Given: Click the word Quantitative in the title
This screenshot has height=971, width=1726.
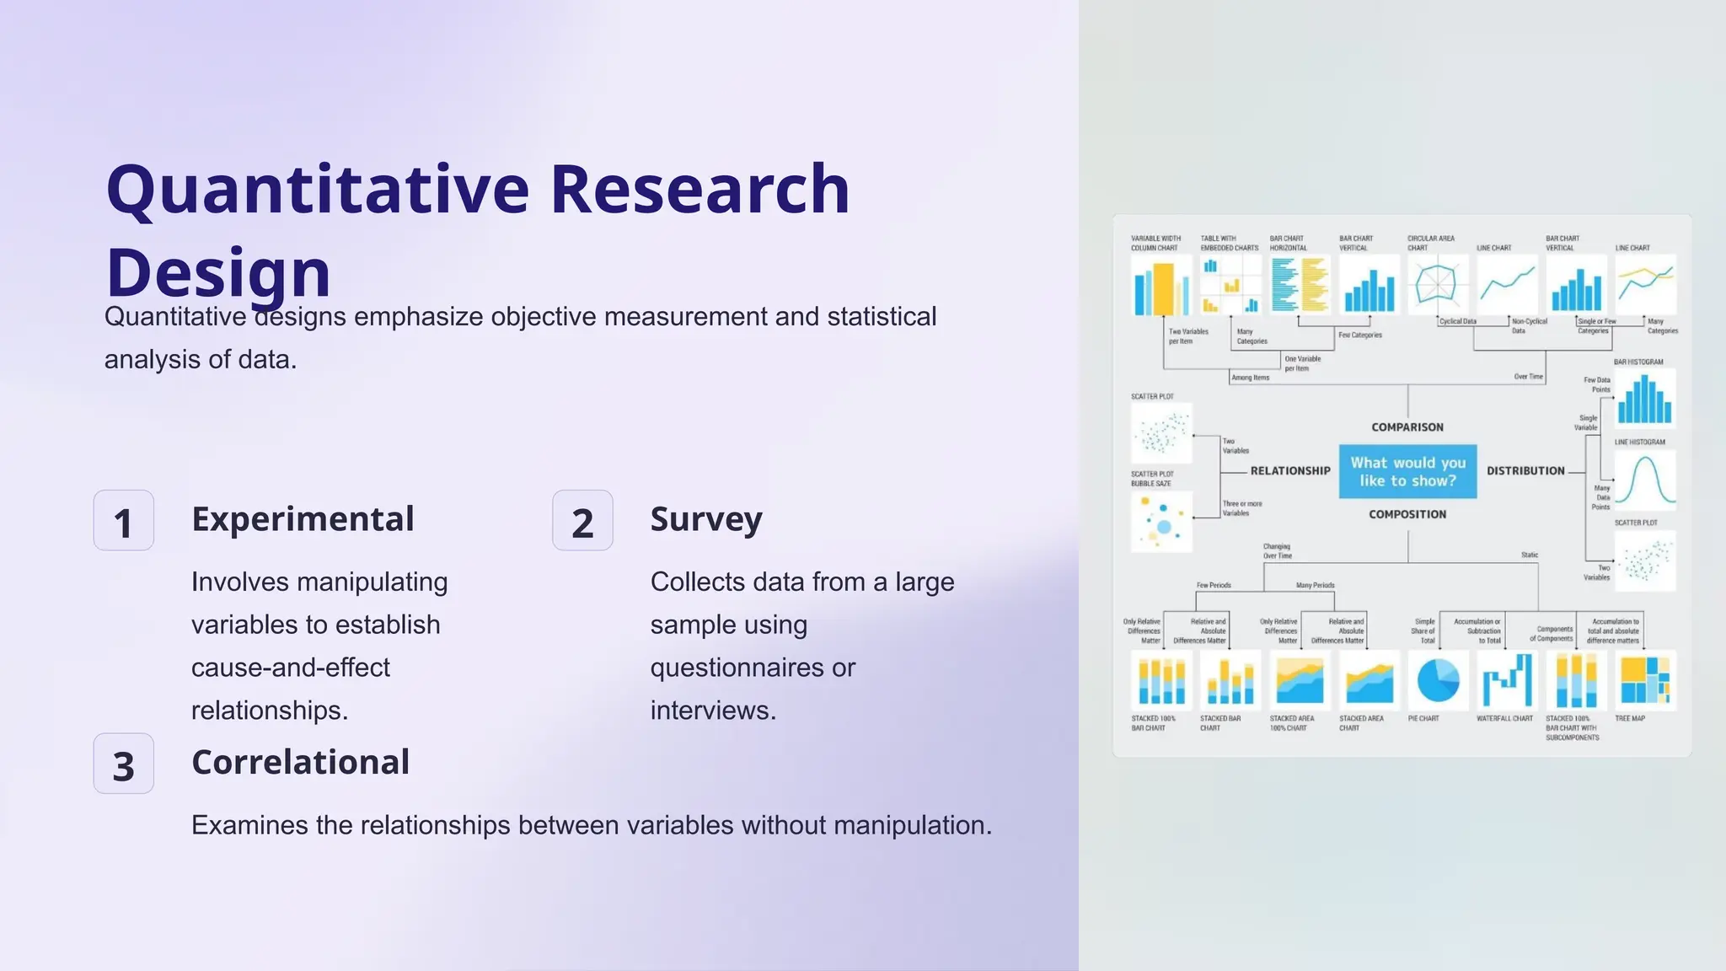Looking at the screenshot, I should (318, 190).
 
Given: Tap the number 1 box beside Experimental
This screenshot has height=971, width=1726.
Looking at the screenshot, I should (124, 521).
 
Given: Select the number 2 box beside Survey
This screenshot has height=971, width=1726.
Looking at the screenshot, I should (582, 521).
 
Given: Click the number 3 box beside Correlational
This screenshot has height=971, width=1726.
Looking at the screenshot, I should (124, 764).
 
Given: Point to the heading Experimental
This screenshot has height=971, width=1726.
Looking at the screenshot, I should (303, 519).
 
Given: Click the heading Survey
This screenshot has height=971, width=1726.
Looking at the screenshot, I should (706, 519).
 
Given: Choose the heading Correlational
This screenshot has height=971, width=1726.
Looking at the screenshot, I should (301, 762).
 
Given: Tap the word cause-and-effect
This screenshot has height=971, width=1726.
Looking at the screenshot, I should (290, 668).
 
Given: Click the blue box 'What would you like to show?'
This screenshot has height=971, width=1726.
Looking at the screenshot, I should (1407, 472).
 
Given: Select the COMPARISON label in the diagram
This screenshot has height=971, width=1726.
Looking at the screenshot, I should (1407, 427).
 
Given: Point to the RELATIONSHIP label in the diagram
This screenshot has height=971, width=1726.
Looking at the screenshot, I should (1289, 471).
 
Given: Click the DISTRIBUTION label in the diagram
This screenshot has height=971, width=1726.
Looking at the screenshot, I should (1525, 471).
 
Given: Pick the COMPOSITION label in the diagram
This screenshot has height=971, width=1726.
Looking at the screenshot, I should (1407, 514).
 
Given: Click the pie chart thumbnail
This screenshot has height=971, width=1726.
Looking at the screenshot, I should (1438, 680).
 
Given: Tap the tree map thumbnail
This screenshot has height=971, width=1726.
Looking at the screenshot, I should (1645, 680).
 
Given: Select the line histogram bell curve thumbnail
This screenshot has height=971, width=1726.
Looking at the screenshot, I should (1644, 480).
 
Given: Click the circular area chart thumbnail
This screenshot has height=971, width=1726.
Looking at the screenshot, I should (1437, 284).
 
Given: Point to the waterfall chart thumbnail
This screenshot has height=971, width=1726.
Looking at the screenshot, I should (1507, 680).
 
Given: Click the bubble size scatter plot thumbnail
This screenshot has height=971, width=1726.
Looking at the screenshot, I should (1161, 522).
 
